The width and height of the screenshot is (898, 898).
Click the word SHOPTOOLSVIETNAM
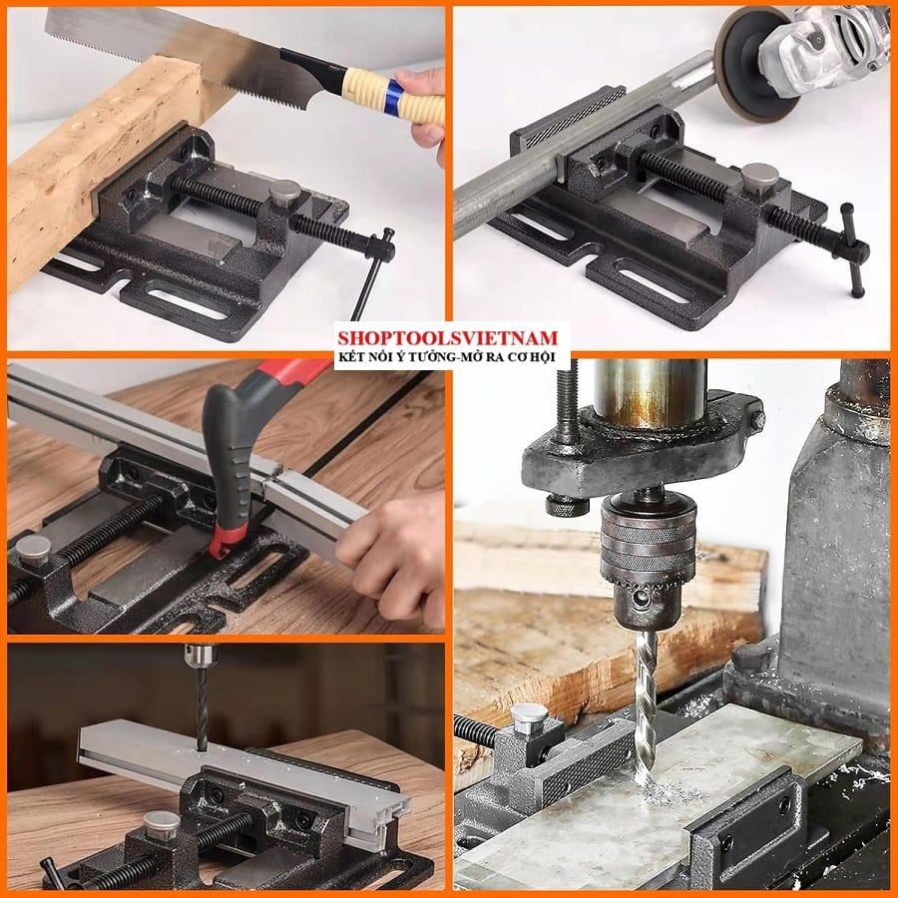pyautogui.click(x=447, y=337)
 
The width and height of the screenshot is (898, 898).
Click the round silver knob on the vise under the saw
pyautogui.click(x=284, y=193)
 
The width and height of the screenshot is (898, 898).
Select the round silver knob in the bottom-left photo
pyautogui.click(x=162, y=825)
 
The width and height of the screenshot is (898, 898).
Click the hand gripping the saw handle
pyautogui.click(x=423, y=115)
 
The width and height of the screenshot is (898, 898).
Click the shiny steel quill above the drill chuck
pyautogui.click(x=649, y=394)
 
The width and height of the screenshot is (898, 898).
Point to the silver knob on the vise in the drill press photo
pyautogui.click(x=529, y=719)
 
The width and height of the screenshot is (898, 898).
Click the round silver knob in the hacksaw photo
pyautogui.click(x=33, y=551)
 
